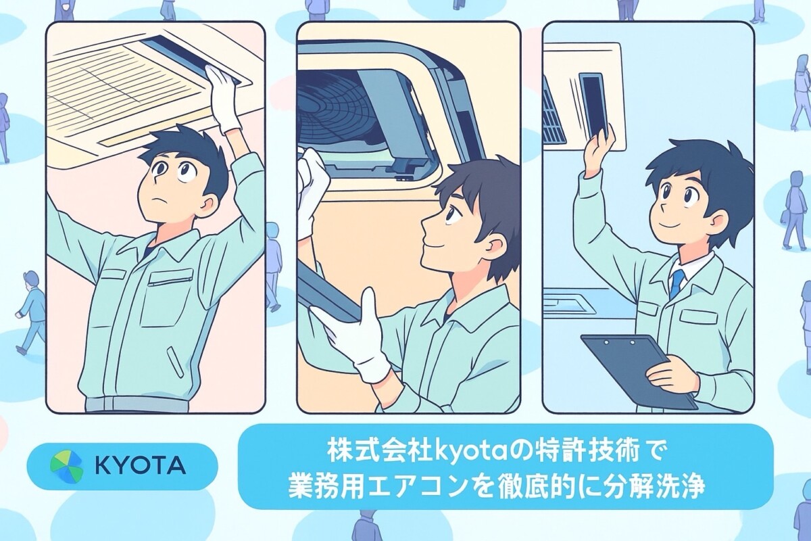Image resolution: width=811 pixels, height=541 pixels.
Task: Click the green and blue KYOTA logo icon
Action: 67,467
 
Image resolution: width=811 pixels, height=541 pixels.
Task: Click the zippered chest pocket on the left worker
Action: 170,279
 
